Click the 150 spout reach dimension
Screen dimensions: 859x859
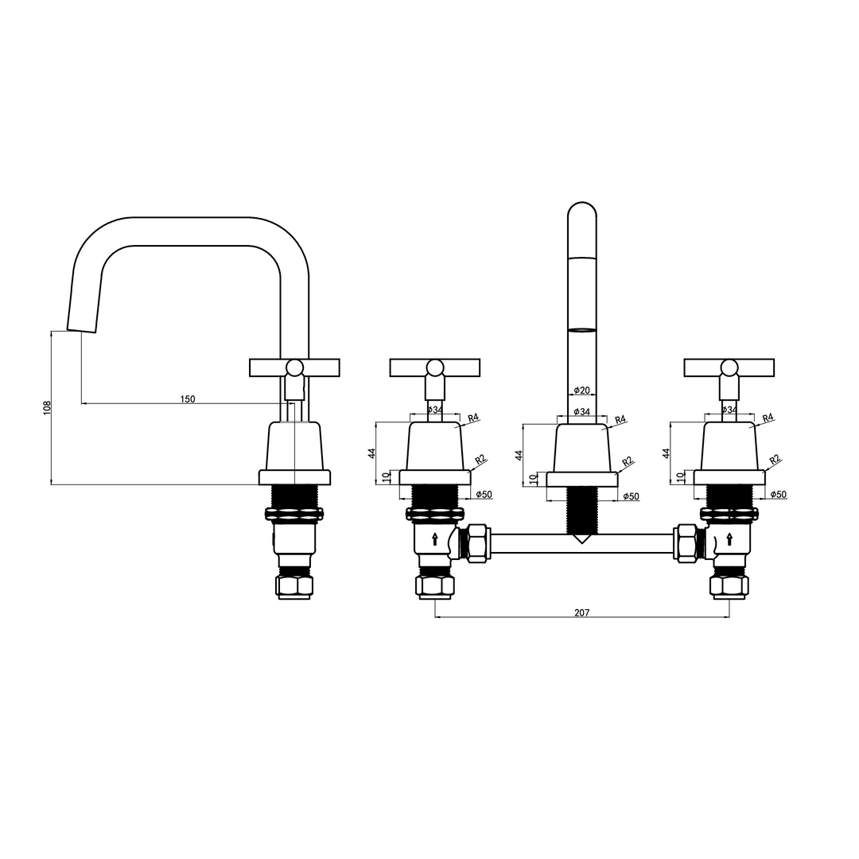[188, 398]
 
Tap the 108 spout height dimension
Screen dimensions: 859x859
[47, 407]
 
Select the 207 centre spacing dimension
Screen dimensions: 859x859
[581, 612]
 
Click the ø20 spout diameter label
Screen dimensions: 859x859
[581, 390]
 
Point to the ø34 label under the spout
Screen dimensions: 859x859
[581, 411]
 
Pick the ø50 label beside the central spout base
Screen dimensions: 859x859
[631, 496]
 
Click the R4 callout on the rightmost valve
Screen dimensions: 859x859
[768, 418]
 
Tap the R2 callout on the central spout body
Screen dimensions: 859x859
[628, 461]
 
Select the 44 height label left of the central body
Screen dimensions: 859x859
[519, 453]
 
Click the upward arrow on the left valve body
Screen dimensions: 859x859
[435, 539]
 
